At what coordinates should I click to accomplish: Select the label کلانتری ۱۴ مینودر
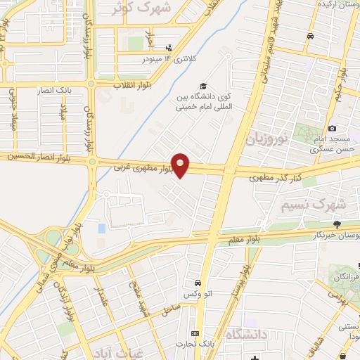(169, 58)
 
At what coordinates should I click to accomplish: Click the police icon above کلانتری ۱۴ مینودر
(168, 46)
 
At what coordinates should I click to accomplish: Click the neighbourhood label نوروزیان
(267, 139)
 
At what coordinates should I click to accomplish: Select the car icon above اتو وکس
(199, 283)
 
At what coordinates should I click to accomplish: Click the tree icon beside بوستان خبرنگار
(337, 224)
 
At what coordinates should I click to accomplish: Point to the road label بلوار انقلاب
(134, 84)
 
